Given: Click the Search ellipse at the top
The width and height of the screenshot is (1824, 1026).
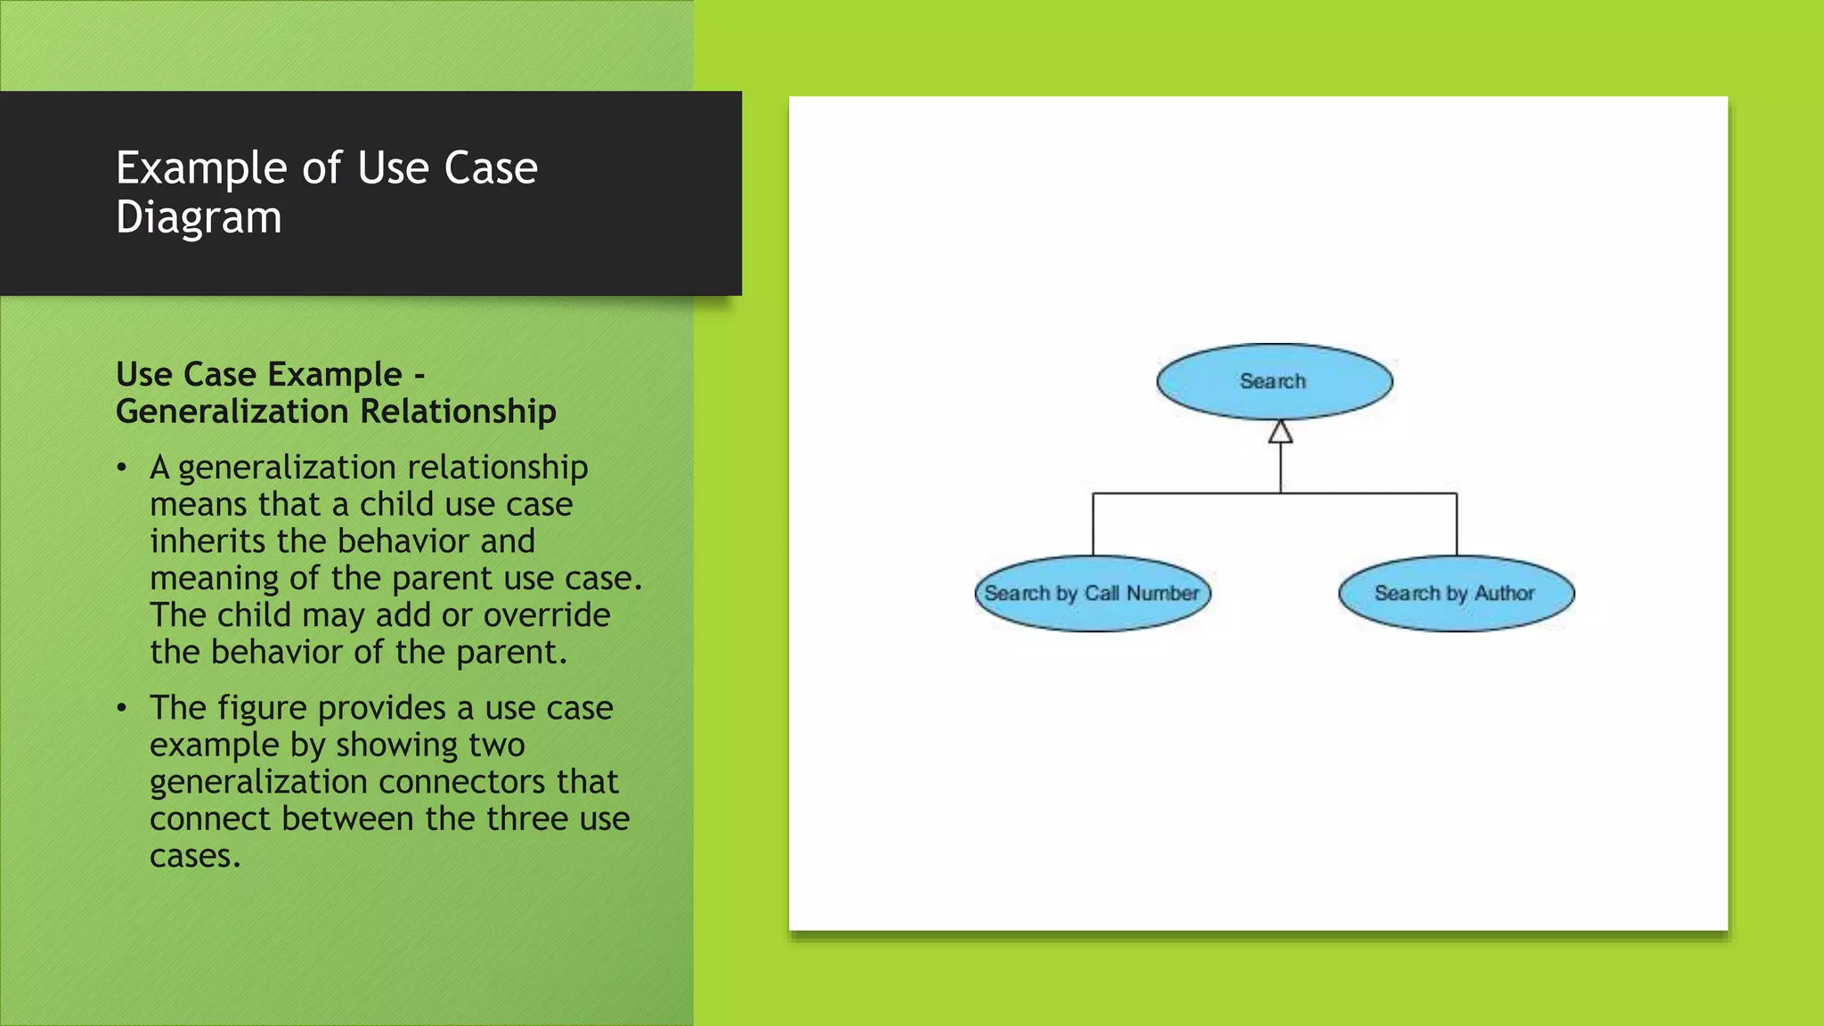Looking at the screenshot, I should point(1274,381).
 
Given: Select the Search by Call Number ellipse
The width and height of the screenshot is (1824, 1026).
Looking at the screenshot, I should point(1092,594).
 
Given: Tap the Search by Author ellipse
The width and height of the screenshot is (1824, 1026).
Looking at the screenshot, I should point(1455,594).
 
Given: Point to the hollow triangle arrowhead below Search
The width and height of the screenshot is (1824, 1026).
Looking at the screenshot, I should point(1280,432).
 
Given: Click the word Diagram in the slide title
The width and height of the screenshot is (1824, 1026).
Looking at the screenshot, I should point(199,217).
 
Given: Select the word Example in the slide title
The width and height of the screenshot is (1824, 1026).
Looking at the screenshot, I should point(201,168).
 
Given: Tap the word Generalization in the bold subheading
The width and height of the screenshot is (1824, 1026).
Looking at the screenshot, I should point(232,411).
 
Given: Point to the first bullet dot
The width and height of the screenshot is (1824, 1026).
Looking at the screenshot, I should point(122,468).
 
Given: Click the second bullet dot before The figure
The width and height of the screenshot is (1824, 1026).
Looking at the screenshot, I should point(122,709).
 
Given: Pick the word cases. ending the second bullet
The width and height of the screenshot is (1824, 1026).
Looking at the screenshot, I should point(195,856).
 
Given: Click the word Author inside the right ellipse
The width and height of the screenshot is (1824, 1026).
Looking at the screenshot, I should point(1504,593).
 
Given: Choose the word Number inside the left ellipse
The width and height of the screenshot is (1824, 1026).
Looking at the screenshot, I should point(1162,593).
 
